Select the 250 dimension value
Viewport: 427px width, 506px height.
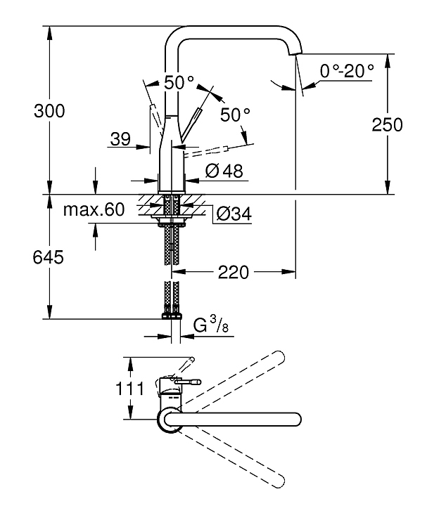point(388,124)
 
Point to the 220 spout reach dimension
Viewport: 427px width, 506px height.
point(234,272)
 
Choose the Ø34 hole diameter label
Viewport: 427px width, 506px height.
point(233,214)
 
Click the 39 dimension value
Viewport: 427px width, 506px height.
point(120,139)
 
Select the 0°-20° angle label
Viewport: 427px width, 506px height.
point(346,70)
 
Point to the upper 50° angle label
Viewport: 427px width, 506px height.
point(179,82)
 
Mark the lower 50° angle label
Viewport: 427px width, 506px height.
point(235,115)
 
